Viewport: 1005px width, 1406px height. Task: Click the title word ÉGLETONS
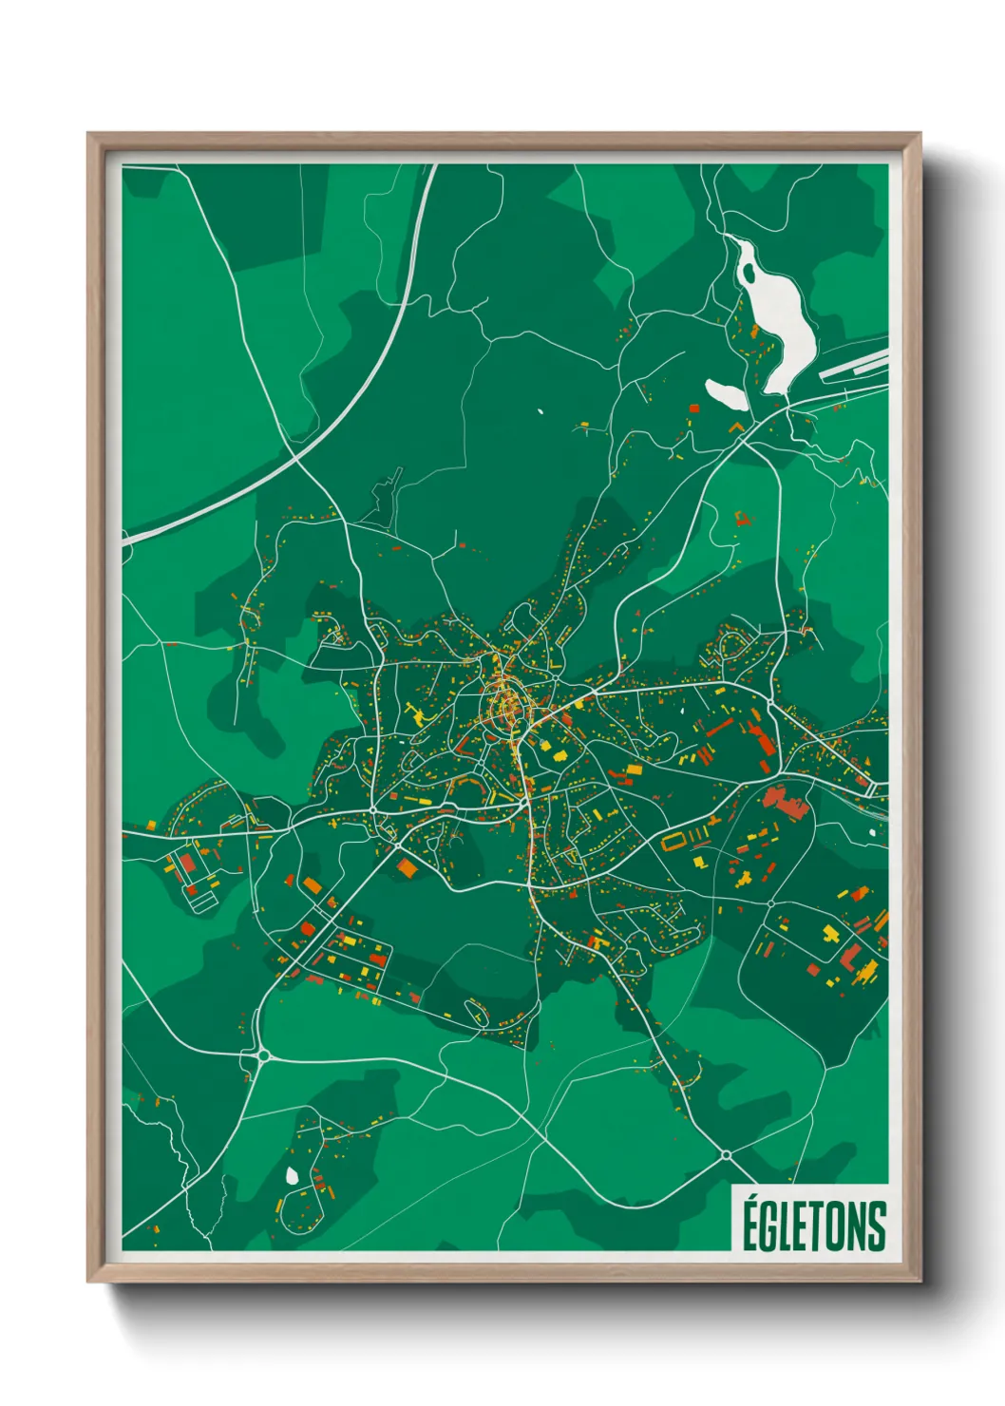(x=813, y=1225)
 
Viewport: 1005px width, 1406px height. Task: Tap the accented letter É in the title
(x=750, y=1224)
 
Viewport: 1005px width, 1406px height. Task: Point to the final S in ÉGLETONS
(x=877, y=1226)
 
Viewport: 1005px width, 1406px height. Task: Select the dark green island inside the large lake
(x=749, y=273)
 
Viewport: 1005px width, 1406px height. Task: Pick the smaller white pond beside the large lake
(x=726, y=394)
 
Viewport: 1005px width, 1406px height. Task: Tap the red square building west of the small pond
(x=693, y=408)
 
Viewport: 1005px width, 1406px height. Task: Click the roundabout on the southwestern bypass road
(x=261, y=1055)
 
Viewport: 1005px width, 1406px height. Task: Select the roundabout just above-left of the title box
(x=726, y=1155)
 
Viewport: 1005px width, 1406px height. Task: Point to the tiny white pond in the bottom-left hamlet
(x=292, y=1176)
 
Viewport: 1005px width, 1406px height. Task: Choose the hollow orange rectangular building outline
(x=673, y=841)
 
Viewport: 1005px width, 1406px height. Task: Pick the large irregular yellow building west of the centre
(x=417, y=712)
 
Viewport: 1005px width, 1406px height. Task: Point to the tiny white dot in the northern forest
(x=540, y=412)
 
